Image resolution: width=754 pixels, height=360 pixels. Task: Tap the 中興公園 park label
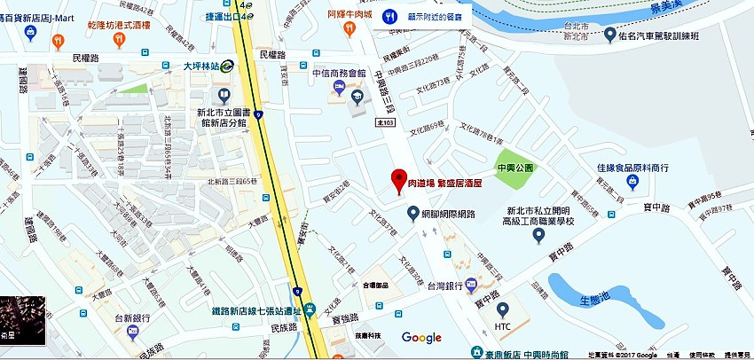coord(514,167)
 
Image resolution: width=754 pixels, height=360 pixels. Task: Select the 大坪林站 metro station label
coord(201,64)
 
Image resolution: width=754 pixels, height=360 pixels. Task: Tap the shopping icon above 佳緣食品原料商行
coord(632,182)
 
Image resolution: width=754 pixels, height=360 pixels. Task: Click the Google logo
coord(421,337)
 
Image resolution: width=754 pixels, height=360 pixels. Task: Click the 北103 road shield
coord(386,122)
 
